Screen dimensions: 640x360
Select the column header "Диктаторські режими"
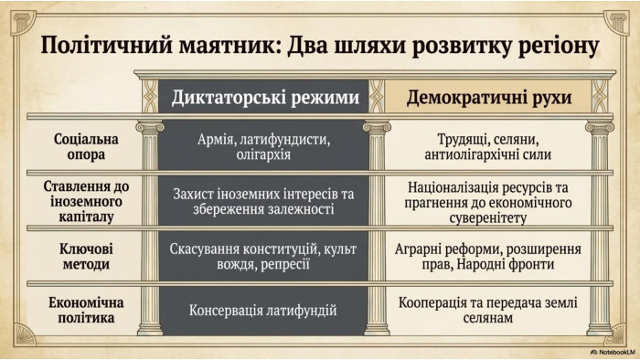coord(265,98)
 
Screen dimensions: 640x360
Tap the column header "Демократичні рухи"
coord(489,98)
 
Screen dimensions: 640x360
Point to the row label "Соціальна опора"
coord(86,147)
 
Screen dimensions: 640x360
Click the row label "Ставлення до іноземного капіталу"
coord(86,201)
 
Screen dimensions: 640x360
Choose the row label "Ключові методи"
coord(86,257)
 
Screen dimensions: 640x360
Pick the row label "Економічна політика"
coord(86,311)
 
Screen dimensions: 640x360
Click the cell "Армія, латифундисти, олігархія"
coord(263,147)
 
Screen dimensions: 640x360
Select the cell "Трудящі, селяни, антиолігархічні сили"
coord(488,147)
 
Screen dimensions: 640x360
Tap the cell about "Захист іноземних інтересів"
coord(263,201)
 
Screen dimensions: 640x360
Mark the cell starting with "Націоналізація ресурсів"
coord(488,203)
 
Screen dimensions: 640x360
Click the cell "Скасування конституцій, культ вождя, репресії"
coord(263,257)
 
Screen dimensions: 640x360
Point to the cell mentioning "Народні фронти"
coord(488,257)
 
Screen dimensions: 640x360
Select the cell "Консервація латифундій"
coord(263,311)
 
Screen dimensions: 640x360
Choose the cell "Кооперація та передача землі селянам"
coord(488,311)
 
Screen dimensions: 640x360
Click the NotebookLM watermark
coord(613,352)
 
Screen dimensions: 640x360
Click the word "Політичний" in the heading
coord(107,46)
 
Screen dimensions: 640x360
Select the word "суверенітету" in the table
coord(488,218)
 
